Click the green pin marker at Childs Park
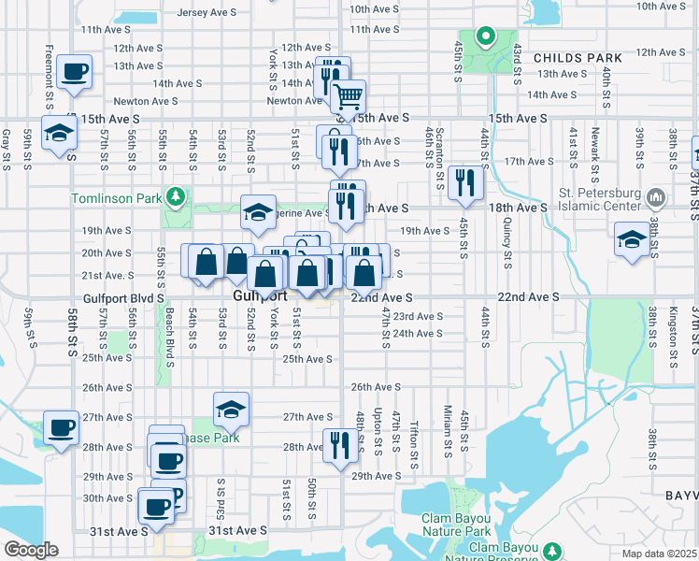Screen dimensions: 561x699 click(x=485, y=38)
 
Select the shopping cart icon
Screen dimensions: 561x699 click(x=349, y=96)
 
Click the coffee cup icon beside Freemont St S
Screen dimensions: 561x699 click(x=74, y=71)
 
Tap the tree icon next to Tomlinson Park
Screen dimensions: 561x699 click(x=175, y=197)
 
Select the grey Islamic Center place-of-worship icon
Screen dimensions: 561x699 click(x=656, y=198)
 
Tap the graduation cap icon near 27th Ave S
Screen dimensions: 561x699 click(x=231, y=409)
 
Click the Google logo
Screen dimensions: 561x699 click(x=31, y=549)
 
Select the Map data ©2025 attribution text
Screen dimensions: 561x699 click(x=660, y=554)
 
